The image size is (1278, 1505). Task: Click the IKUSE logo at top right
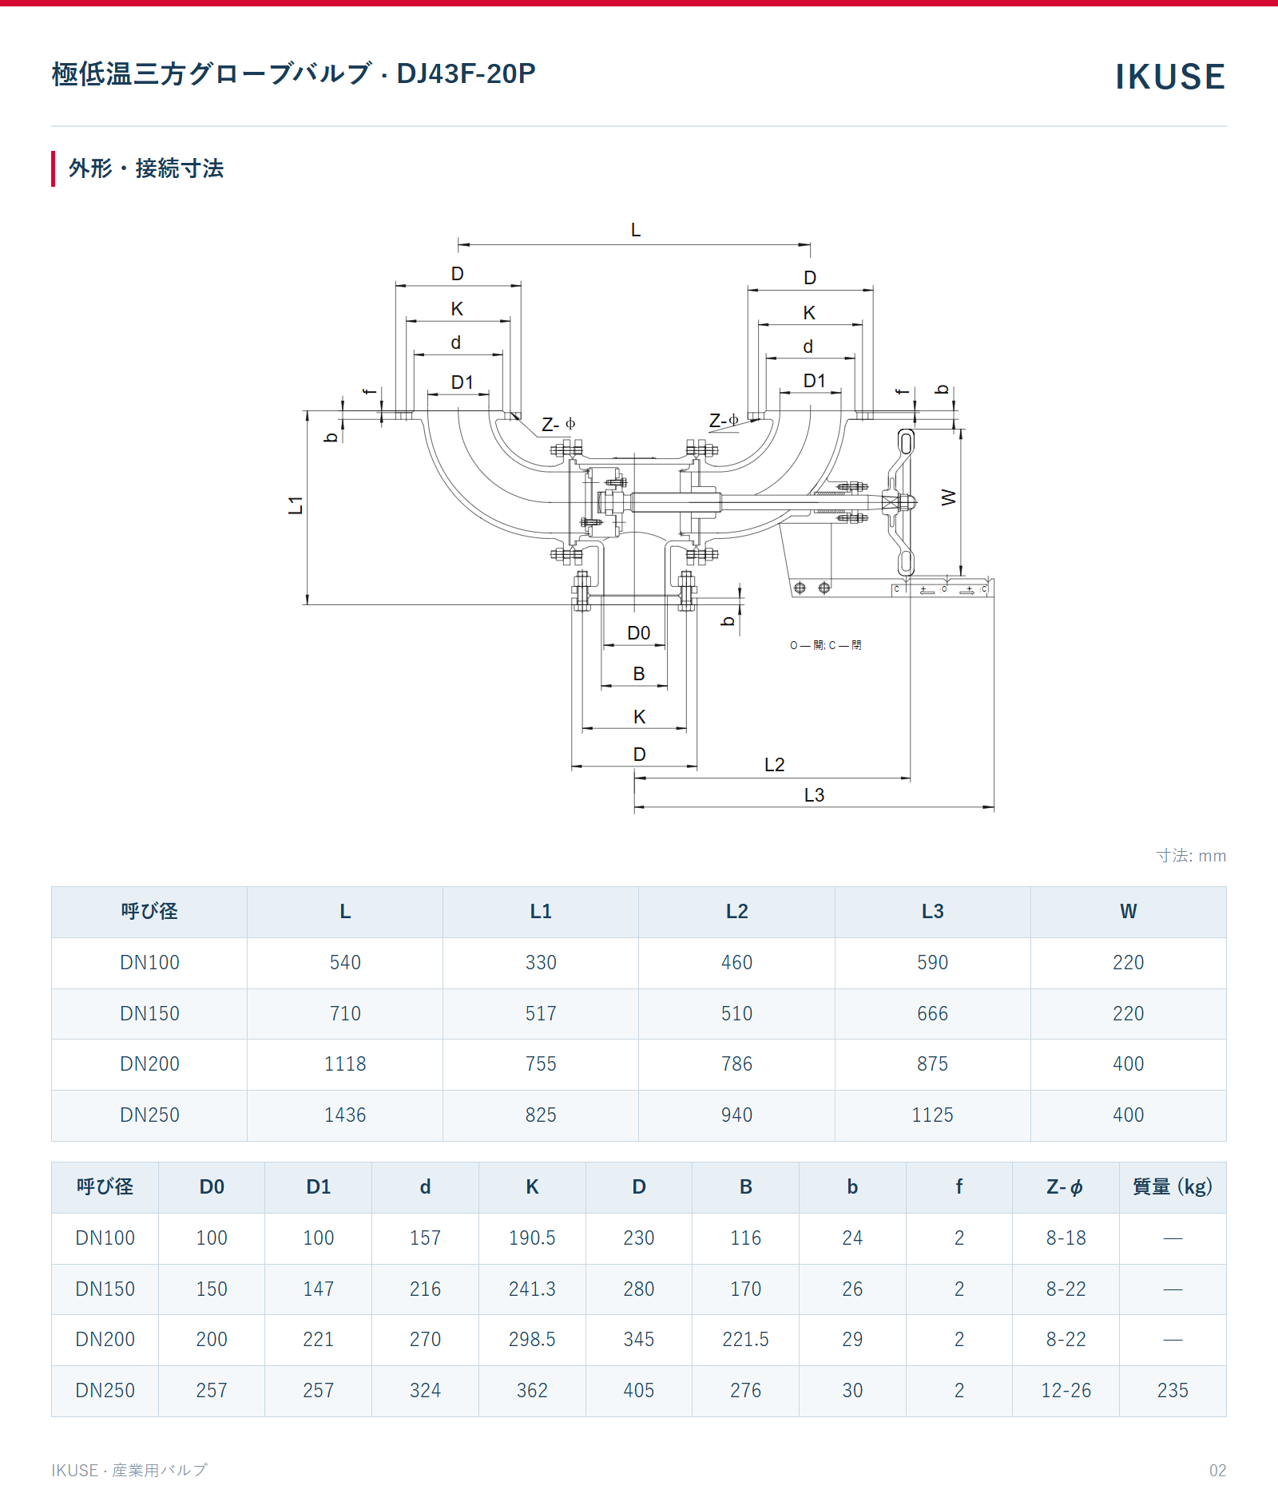(x=1170, y=77)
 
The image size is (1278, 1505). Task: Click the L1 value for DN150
(x=541, y=1013)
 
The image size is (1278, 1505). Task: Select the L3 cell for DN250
(x=932, y=1115)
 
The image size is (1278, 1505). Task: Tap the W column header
(x=1128, y=911)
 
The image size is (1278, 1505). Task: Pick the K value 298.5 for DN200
(x=532, y=1339)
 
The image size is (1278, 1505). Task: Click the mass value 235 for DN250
(x=1173, y=1390)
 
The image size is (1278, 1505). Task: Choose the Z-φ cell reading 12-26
(x=1066, y=1390)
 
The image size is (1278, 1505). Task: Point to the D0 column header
(x=212, y=1186)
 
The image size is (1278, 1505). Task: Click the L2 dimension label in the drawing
(x=774, y=765)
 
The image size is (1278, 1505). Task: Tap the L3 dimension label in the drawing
(x=814, y=795)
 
